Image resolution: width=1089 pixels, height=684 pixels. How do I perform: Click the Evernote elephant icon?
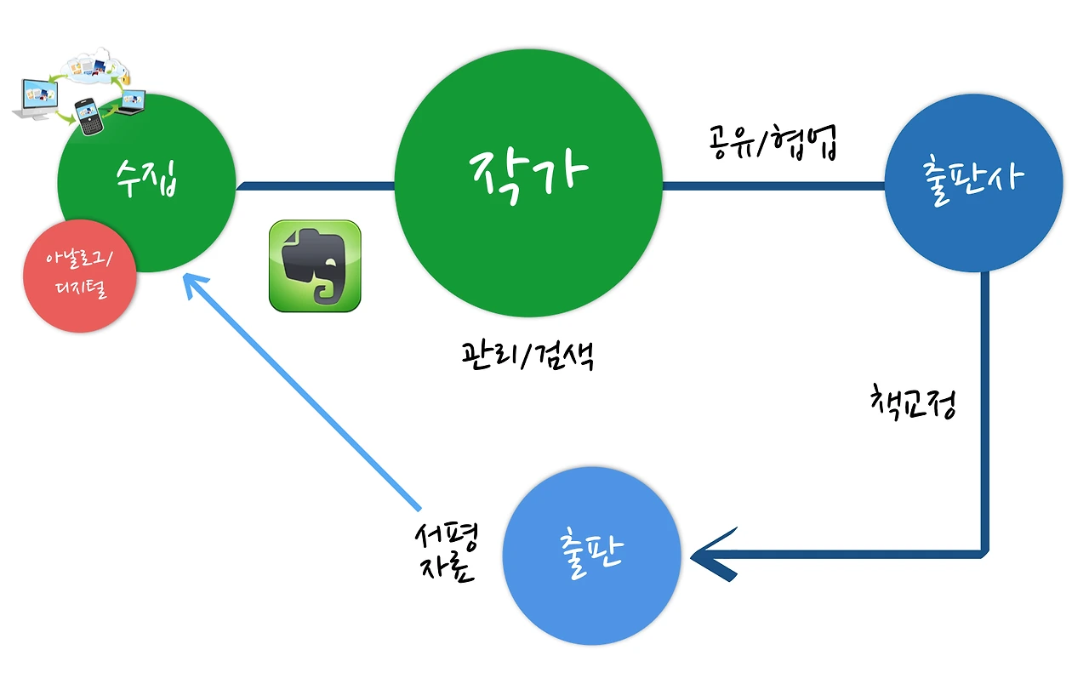click(315, 265)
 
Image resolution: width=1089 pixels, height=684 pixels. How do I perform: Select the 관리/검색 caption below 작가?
click(526, 356)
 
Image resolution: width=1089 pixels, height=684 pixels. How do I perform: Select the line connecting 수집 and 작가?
click(315, 184)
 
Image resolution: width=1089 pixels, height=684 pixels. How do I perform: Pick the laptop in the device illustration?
click(131, 102)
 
